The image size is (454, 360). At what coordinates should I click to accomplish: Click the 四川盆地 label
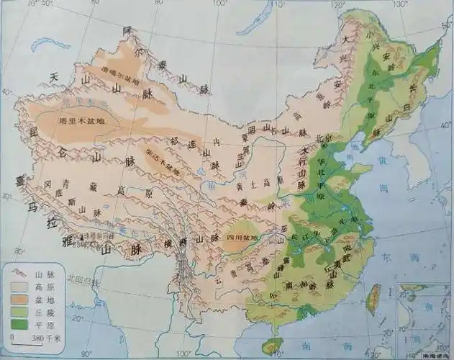pyautogui.click(x=241, y=236)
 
